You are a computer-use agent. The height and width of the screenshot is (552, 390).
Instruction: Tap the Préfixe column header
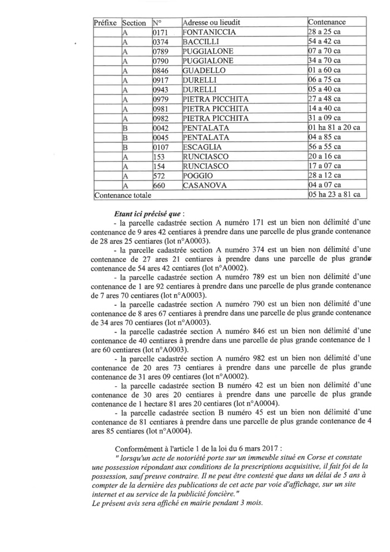pos(105,22)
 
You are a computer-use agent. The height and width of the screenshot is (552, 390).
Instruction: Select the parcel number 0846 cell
pos(160,70)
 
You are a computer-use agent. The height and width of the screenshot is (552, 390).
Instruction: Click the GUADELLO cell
pos(204,70)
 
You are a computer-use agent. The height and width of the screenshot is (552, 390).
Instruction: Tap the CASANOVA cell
pos(205,185)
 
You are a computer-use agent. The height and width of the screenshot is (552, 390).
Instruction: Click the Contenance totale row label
pos(122,195)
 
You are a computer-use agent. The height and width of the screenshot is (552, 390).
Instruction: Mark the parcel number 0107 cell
pos(160,147)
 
